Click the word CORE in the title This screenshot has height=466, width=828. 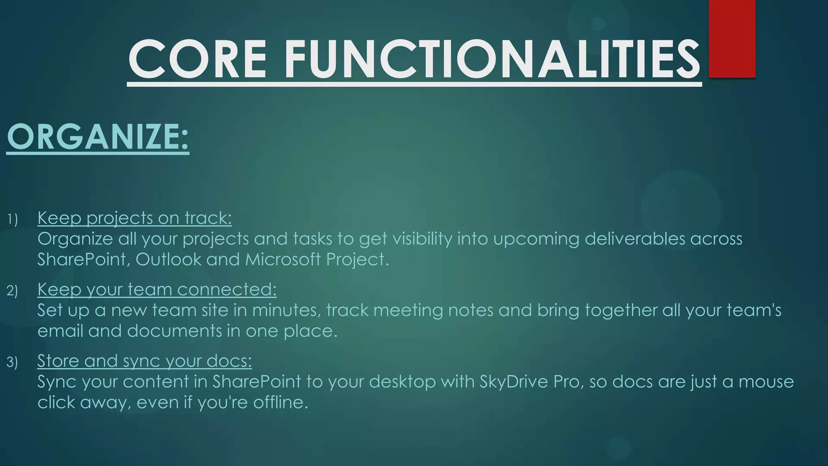pos(197,59)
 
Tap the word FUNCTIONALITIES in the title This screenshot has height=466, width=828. pos(492,59)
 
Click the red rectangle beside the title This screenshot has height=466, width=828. pos(732,38)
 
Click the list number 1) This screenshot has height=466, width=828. pos(13,220)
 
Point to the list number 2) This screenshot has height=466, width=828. pos(13,291)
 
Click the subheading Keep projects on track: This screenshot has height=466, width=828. pos(135,218)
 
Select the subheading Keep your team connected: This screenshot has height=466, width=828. pos(157,289)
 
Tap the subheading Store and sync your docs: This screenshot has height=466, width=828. pos(144,361)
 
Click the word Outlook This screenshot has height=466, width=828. pos(168,259)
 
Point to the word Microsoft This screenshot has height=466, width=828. pos(283,259)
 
